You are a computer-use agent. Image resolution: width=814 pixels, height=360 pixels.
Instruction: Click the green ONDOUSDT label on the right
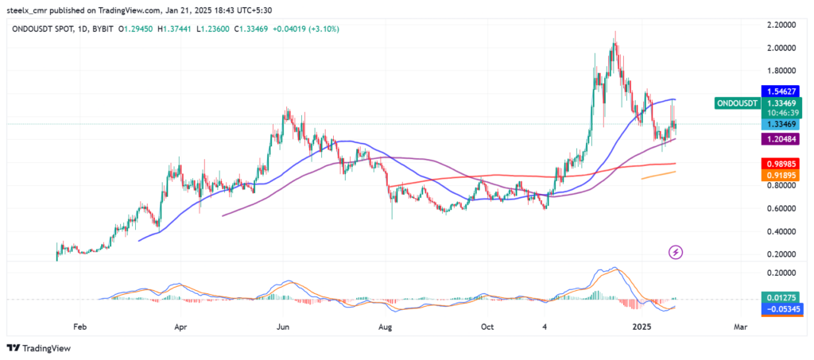point(737,103)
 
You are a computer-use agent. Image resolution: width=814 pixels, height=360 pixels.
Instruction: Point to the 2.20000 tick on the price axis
point(782,25)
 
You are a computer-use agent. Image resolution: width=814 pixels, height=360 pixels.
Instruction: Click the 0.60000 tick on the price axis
point(782,208)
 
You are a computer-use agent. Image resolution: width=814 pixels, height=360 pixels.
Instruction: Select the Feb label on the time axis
point(79,327)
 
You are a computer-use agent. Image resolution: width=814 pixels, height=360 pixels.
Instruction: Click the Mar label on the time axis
point(739,327)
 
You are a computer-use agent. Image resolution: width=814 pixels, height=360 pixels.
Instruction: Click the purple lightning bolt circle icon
point(676,253)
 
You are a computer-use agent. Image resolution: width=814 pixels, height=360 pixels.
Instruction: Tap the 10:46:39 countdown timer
point(783,113)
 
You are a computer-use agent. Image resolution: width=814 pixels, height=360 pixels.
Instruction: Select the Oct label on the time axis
point(489,327)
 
